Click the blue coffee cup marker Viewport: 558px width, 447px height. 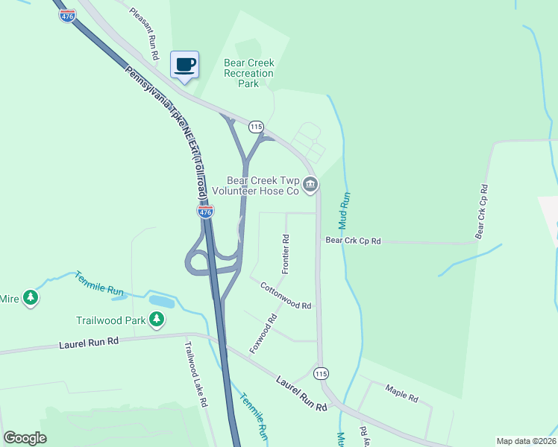click(x=185, y=64)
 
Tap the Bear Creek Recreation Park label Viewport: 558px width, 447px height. click(x=248, y=74)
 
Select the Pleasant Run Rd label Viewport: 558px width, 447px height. click(x=144, y=34)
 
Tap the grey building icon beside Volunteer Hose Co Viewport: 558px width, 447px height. click(x=311, y=184)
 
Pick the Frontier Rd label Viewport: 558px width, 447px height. click(x=286, y=253)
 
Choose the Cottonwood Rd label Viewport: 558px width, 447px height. click(x=285, y=295)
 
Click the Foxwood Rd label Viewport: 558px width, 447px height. click(x=263, y=333)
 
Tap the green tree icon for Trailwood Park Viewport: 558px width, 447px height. click(x=156, y=320)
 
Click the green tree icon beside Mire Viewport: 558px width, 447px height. click(x=30, y=299)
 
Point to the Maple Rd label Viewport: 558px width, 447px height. click(x=401, y=392)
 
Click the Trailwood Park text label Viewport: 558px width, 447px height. click(x=110, y=321)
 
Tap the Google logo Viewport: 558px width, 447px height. click(x=25, y=438)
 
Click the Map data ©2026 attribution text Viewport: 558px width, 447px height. click(x=525, y=441)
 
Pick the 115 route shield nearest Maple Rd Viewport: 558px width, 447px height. click(x=321, y=373)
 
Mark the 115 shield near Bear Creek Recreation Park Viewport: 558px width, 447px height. click(x=257, y=127)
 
